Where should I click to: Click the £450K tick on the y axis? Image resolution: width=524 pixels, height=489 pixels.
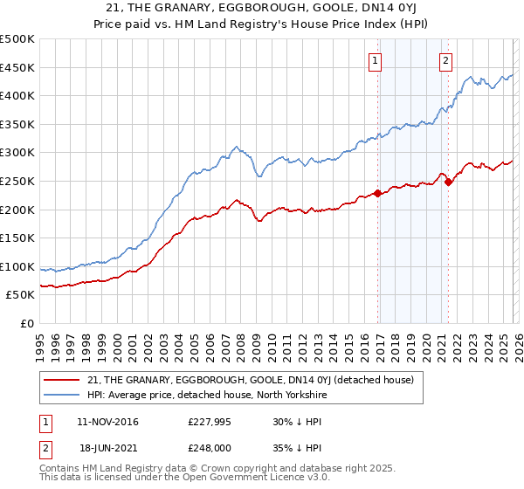coord(17,67)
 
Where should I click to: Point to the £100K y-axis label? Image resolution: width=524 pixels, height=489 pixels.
coord(17,266)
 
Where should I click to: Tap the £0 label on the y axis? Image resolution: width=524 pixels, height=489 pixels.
coord(26,323)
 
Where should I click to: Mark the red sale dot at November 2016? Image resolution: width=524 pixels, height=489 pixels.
coord(377,193)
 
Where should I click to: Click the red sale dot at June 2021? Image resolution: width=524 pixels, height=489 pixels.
coord(448,182)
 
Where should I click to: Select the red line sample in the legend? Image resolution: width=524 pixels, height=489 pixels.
coord(62,379)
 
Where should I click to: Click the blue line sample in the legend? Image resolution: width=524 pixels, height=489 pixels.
coord(62,394)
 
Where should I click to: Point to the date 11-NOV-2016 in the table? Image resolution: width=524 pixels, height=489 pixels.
coord(107,422)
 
